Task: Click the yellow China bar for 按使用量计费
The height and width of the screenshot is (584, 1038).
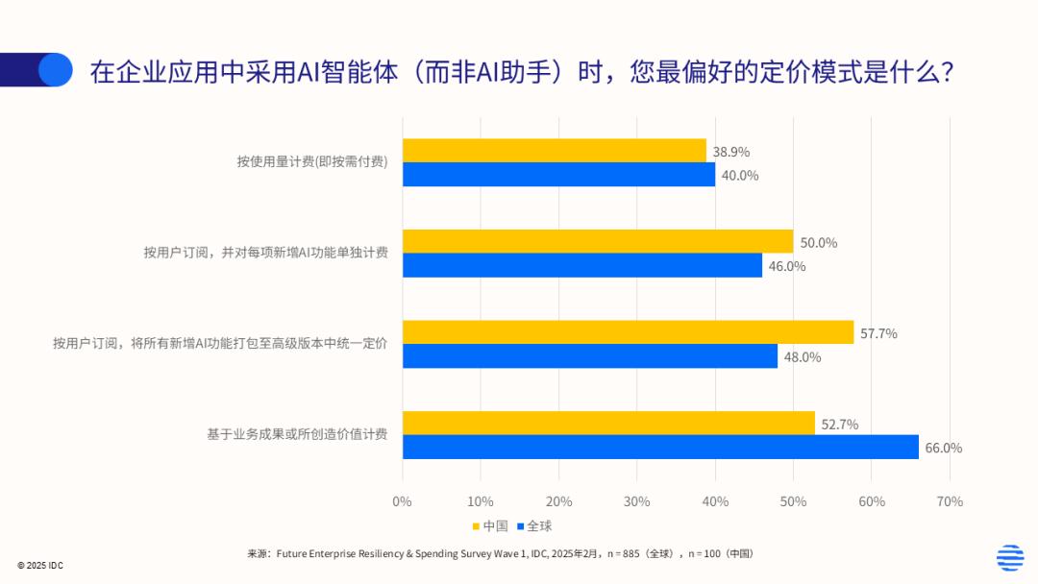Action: (554, 151)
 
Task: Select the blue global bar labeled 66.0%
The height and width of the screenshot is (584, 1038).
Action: (660, 447)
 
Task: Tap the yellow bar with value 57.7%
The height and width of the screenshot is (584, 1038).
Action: (628, 332)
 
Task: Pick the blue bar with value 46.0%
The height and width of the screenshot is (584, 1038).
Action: (581, 265)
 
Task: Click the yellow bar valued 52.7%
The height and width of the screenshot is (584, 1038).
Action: (608, 423)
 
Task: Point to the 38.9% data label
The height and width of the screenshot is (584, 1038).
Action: (731, 152)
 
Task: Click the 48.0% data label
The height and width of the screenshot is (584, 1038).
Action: (802, 356)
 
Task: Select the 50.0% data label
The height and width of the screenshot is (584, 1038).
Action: (818, 242)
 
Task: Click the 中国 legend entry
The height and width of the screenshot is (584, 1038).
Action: (490, 525)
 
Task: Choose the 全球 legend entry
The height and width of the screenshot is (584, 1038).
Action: (534, 525)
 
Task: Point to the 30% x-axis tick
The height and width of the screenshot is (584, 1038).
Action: (636, 501)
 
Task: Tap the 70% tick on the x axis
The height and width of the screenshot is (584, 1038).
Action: (949, 501)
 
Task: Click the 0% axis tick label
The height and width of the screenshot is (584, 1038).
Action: (402, 501)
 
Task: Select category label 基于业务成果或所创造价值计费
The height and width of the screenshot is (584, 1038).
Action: (297, 434)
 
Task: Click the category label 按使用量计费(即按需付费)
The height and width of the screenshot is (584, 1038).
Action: (312, 161)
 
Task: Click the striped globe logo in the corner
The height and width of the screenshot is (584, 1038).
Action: (1009, 557)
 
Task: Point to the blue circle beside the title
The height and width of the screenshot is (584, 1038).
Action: (56, 69)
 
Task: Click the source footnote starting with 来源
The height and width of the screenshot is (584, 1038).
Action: (500, 554)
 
